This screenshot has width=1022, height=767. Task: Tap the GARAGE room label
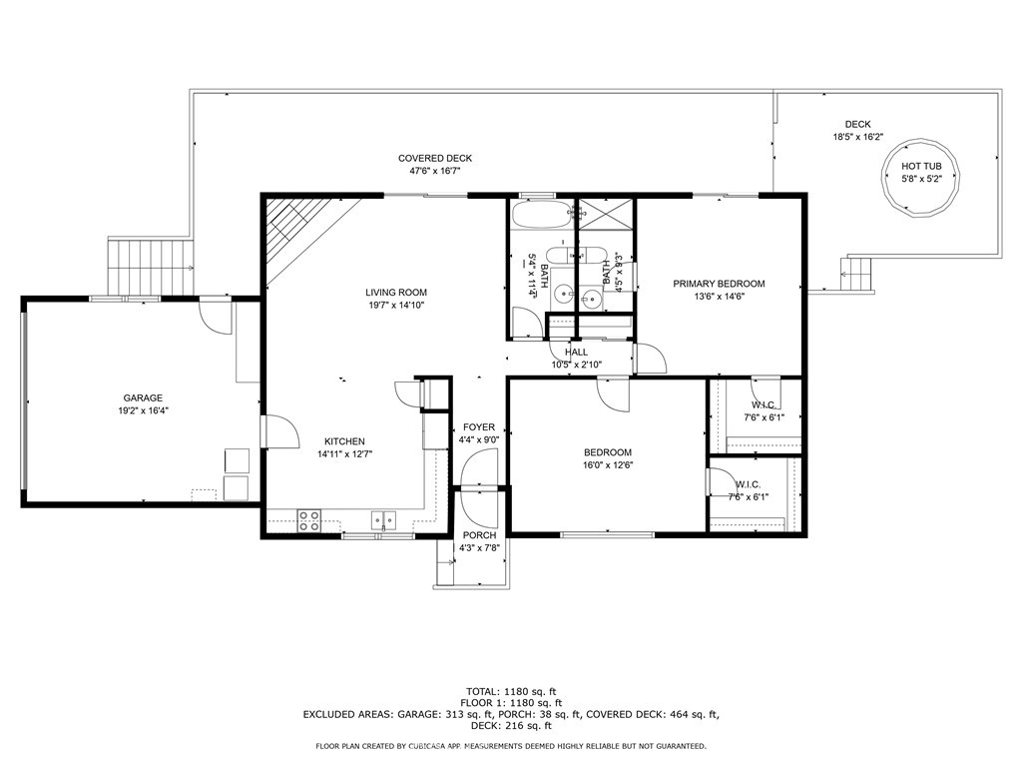tap(143, 397)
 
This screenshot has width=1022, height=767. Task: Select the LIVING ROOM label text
tap(395, 293)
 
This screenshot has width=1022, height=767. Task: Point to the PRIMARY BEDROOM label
tap(719, 284)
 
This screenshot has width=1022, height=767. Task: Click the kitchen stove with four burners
tap(309, 519)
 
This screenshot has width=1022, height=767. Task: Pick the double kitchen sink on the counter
tap(383, 519)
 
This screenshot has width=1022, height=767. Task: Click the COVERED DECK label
tap(434, 158)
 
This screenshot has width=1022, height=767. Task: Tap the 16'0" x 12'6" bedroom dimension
tap(608, 464)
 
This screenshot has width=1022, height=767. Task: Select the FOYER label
tap(478, 427)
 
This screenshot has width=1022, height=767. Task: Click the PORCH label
tap(479, 535)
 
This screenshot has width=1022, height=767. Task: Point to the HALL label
tap(576, 353)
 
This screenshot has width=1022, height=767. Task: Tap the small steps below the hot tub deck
tap(859, 275)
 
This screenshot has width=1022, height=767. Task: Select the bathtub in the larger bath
tap(535, 216)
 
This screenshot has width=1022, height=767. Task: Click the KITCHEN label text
tap(344, 441)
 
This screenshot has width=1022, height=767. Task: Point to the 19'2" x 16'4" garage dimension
tap(143, 410)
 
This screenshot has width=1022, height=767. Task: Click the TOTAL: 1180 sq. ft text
tap(511, 691)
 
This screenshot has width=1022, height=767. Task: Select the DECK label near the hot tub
tap(857, 125)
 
